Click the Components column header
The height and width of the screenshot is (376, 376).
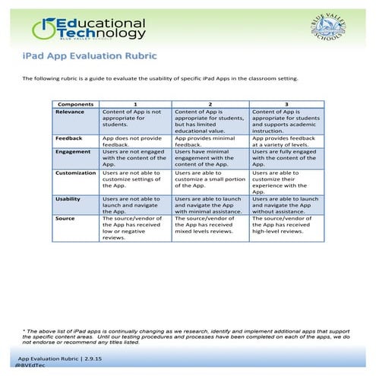[x=75, y=103]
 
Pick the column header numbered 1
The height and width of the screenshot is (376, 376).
[x=135, y=103]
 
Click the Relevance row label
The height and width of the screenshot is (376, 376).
[x=70, y=111]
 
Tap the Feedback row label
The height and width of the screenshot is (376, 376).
[x=69, y=139]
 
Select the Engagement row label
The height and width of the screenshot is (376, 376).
[x=74, y=151]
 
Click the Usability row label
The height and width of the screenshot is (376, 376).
[x=68, y=199]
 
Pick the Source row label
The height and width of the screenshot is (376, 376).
[x=65, y=219]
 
